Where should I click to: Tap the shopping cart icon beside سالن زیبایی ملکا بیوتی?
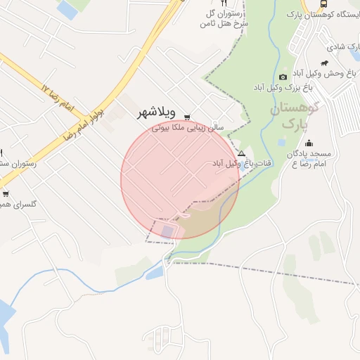(187, 117)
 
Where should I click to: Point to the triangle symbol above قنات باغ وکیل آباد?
(242, 153)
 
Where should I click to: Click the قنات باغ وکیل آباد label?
(243, 163)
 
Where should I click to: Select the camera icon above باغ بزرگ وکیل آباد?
(283, 77)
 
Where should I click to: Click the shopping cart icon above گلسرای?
(6, 193)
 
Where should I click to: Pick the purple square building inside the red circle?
(167, 230)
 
